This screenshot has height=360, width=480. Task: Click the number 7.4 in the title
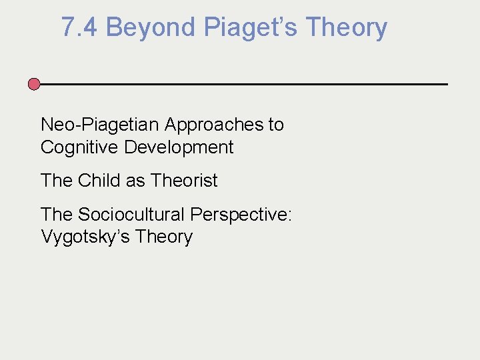(80, 28)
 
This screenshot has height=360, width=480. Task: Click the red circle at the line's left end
(34, 84)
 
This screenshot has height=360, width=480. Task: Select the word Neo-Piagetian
(100, 125)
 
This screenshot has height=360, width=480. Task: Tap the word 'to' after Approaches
(275, 125)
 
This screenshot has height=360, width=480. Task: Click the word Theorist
(184, 181)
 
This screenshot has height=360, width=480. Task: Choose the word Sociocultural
(131, 215)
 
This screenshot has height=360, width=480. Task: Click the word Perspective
(239, 215)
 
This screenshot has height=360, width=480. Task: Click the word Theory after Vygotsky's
(161, 237)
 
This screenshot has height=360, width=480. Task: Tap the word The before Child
(57, 181)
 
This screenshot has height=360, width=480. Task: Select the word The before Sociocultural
(57, 215)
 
